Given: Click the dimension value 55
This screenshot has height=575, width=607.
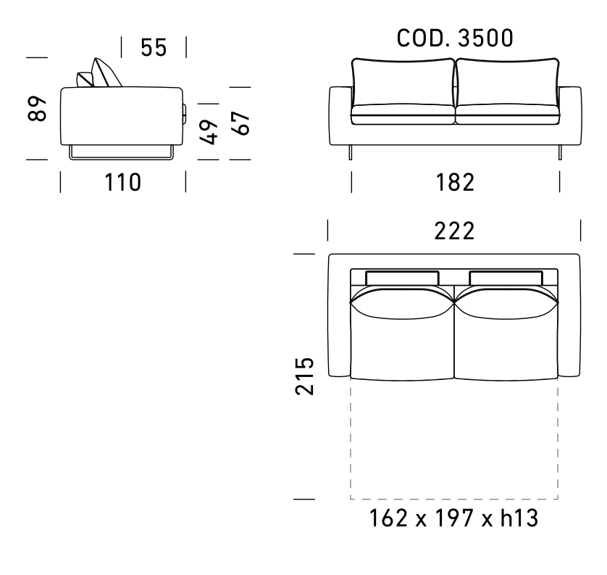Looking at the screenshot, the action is [154, 48].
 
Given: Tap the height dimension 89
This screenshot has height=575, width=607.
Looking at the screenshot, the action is [37, 109].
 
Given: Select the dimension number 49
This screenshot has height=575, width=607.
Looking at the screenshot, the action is [209, 132].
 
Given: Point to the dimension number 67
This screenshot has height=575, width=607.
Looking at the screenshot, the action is [240, 123].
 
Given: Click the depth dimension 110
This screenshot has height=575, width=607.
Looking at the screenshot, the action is [122, 183].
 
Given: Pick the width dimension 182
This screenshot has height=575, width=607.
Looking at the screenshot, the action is [455, 183].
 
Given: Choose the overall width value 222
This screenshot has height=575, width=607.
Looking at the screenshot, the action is [454, 231].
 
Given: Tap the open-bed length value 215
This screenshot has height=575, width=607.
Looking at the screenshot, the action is [304, 376].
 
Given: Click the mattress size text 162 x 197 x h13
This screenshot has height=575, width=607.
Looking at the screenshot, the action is [454, 518].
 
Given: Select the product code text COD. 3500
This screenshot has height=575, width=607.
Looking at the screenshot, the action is [455, 38].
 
